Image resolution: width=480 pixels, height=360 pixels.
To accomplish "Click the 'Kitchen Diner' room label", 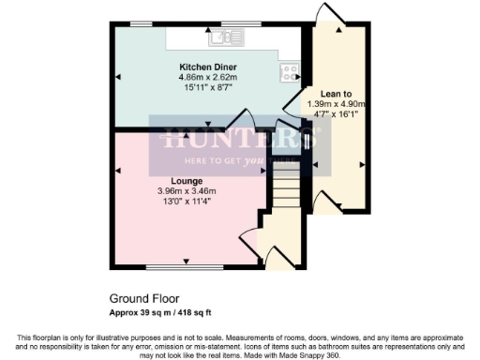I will pyautogui.click(x=208, y=67).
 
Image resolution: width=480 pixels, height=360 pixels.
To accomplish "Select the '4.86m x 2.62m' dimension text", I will pyautogui.click(x=208, y=78).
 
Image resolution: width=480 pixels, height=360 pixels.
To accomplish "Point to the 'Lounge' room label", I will pyautogui.click(x=184, y=181).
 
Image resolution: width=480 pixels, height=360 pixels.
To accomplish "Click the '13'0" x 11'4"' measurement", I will pyautogui.click(x=184, y=202).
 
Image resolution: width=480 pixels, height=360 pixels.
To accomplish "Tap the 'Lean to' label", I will pyautogui.click(x=336, y=93).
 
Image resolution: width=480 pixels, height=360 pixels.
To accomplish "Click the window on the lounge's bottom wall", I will pyautogui.click(x=184, y=268).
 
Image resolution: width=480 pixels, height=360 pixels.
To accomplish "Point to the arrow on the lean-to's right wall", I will pyautogui.click(x=361, y=165).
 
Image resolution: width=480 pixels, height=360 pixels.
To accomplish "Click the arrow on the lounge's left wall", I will pyautogui.click(x=118, y=170).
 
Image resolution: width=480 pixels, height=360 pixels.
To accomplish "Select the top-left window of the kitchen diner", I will pyautogui.click(x=142, y=22).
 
